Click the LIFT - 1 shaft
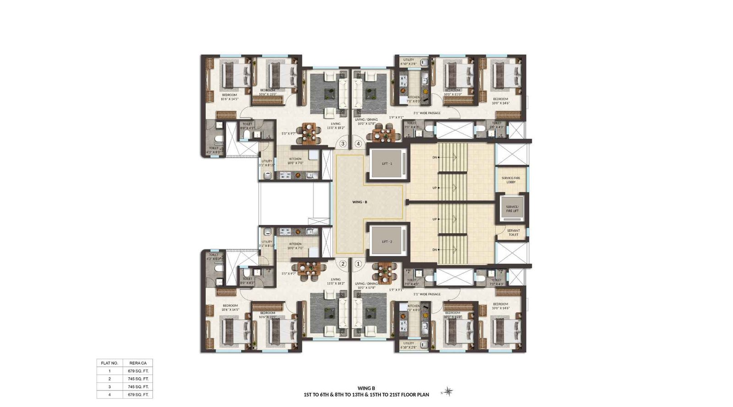click(x=388, y=163)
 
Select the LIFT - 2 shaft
click(x=388, y=241)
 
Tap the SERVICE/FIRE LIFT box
click(x=512, y=209)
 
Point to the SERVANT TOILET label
click(x=513, y=233)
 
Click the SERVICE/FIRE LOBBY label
click(x=511, y=180)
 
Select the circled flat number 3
click(x=343, y=143)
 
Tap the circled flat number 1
click(x=358, y=264)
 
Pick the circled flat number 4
click(x=358, y=143)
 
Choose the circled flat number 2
click(x=343, y=264)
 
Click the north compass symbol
click(x=449, y=391)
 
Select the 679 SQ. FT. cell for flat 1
click(x=138, y=371)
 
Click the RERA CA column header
click(x=138, y=363)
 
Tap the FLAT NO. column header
click(x=109, y=363)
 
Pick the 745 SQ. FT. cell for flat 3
click(x=138, y=387)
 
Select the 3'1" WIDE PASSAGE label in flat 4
click(x=427, y=113)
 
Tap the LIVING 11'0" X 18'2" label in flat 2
click(x=336, y=281)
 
